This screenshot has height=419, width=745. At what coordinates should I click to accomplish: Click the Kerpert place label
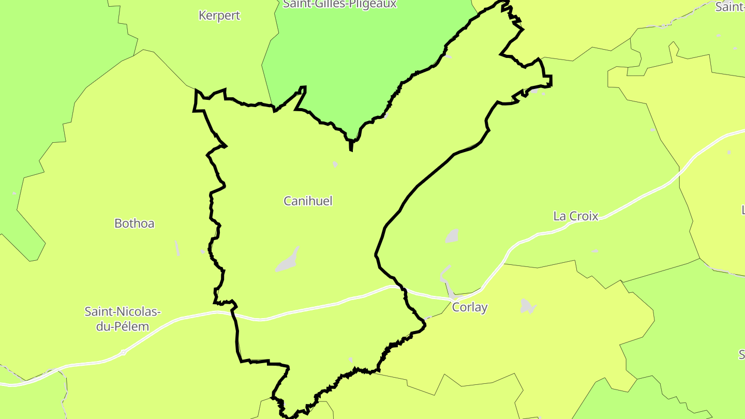(219, 16)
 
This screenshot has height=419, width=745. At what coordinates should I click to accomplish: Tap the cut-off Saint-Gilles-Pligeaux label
(340, 4)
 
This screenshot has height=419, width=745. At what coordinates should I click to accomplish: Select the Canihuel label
(308, 201)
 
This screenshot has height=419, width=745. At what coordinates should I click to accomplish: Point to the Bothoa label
(135, 223)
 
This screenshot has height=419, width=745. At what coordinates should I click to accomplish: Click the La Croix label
(576, 216)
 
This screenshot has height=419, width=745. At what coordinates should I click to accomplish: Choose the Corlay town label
(470, 307)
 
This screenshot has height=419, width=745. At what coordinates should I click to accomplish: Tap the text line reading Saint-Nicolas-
(123, 312)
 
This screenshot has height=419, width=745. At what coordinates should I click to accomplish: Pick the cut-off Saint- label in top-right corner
(731, 7)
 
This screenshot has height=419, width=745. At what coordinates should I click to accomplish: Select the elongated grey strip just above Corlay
(446, 282)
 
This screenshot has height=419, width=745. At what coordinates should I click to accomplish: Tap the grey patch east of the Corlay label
(527, 306)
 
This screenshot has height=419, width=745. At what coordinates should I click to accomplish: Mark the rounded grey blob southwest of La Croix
(452, 236)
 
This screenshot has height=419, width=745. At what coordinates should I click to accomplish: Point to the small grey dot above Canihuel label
(335, 164)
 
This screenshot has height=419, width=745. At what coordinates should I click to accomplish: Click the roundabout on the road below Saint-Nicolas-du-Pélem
(123, 353)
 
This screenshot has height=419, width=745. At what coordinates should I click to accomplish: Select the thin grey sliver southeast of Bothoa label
(177, 248)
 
